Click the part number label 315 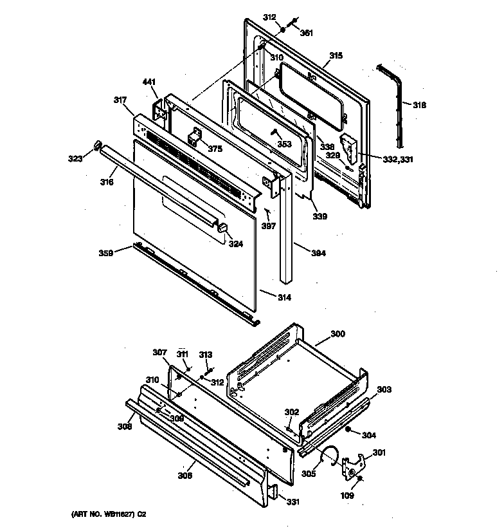(x=336, y=57)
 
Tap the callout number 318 (x=419, y=104)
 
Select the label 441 (x=149, y=82)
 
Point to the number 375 (x=215, y=149)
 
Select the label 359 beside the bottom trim (x=106, y=253)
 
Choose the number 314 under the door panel (x=283, y=297)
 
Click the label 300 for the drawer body (x=337, y=333)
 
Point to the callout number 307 (x=159, y=352)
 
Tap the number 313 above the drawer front (x=205, y=355)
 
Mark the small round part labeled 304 (x=347, y=429)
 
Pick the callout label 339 (x=319, y=216)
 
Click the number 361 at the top (x=307, y=33)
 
